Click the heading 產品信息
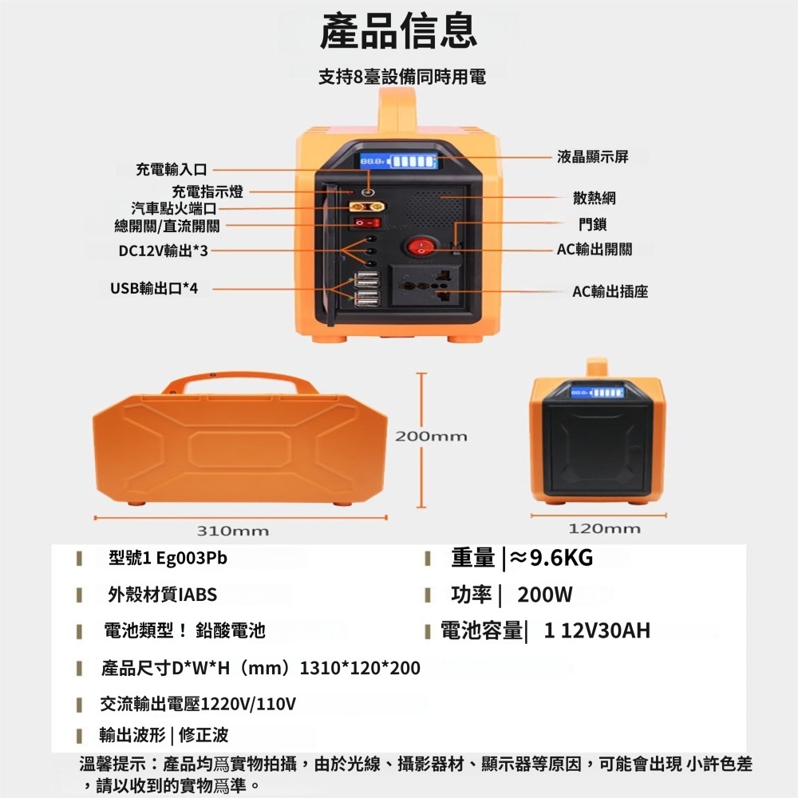[398, 31]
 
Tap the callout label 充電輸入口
[171, 169]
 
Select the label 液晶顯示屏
[592, 156]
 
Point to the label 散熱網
[594, 198]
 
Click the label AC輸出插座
[610, 291]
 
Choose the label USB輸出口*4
[154, 289]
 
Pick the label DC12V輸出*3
[164, 251]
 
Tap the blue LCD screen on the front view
[398, 162]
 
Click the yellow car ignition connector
[367, 207]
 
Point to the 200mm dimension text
[431, 437]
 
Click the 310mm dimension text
[232, 531]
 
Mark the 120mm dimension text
[604, 528]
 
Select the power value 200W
[544, 595]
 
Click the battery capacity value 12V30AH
[606, 630]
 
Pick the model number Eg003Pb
[192, 559]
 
